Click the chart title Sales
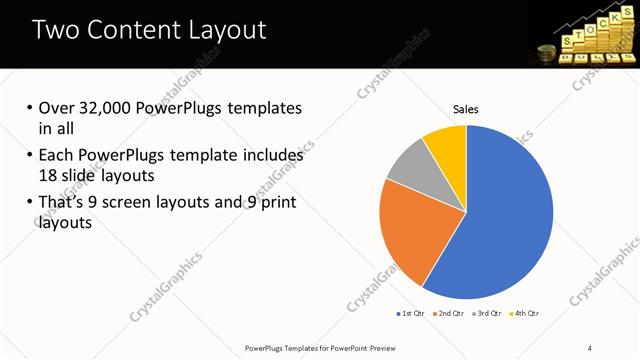pyautogui.click(x=466, y=108)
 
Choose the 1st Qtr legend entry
pyautogui.click(x=412, y=314)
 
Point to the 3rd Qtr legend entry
pyautogui.click(x=488, y=314)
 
